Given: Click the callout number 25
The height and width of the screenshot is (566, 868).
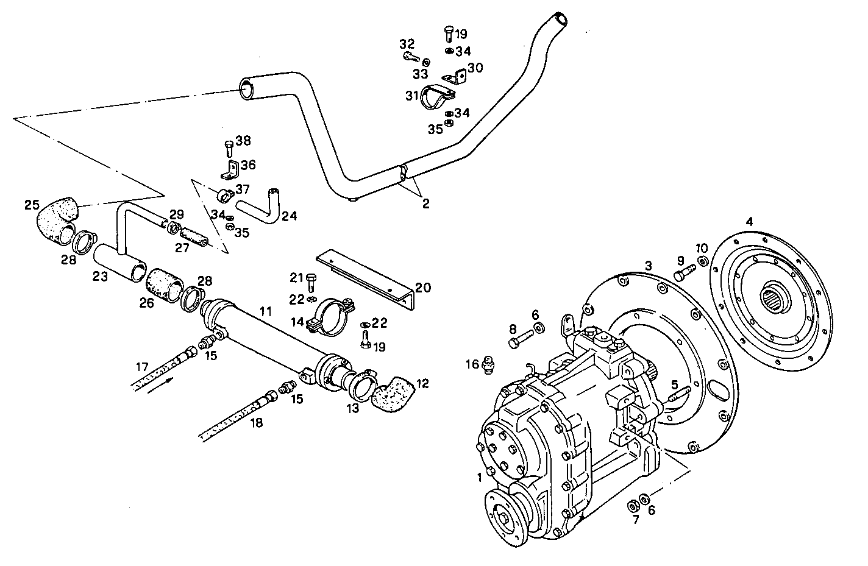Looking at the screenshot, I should [32, 204].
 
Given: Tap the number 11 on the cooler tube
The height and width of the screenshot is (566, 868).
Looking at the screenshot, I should [265, 311].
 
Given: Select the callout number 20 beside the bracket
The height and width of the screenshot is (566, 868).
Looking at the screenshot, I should [423, 287].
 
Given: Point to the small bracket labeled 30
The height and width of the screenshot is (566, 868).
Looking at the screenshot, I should [456, 76].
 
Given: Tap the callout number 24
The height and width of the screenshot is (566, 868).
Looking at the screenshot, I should [290, 216].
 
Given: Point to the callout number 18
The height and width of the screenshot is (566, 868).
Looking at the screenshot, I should [257, 422].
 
